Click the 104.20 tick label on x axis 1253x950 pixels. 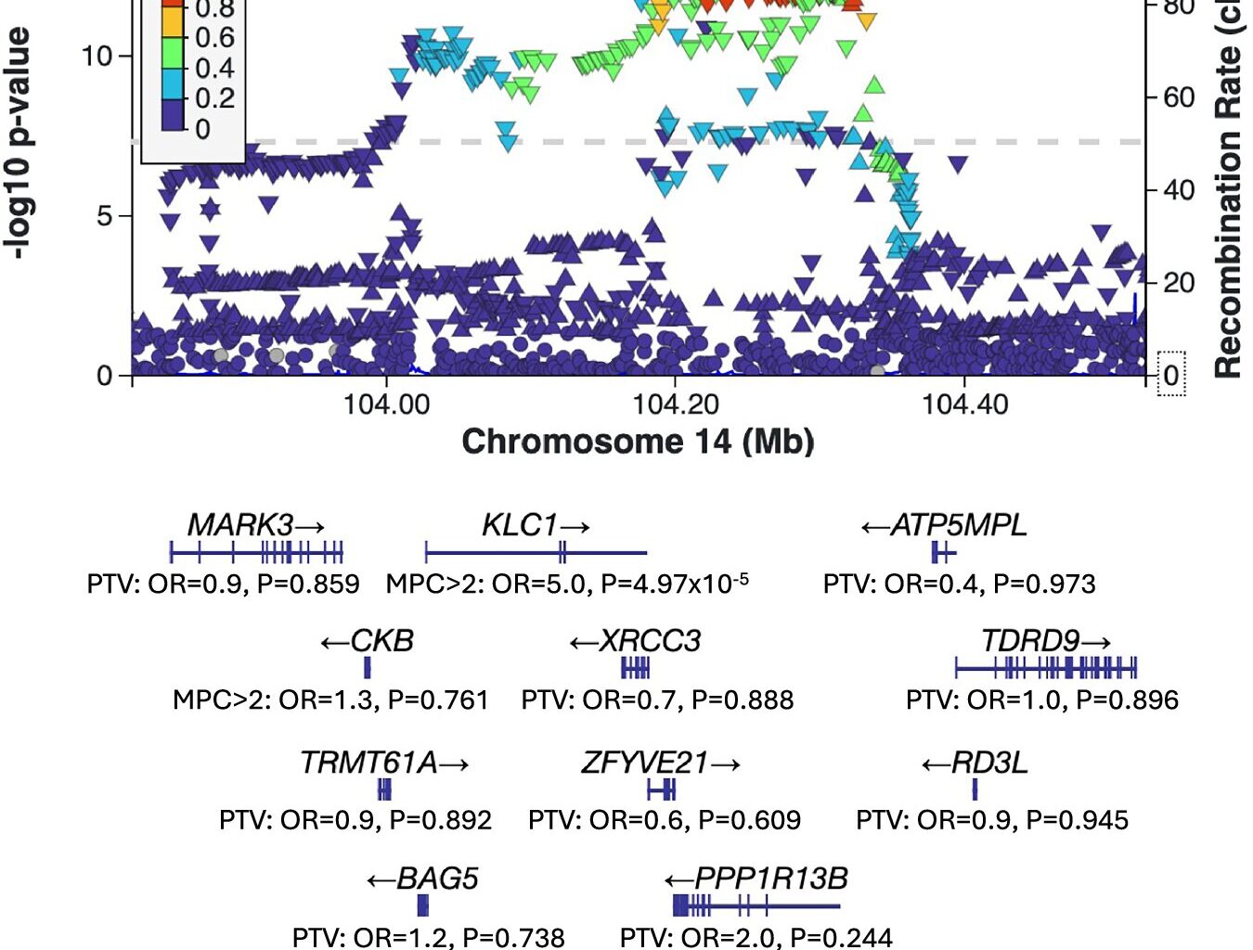pos(675,404)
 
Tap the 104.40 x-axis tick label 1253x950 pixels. pos(964,404)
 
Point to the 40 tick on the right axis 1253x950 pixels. pos(1179,190)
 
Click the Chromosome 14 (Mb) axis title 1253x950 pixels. pos(638,442)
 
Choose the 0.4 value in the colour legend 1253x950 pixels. pos(214,68)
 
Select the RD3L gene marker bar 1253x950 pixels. pos(975,790)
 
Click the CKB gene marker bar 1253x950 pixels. pos(368,667)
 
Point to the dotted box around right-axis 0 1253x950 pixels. pos(1171,374)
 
